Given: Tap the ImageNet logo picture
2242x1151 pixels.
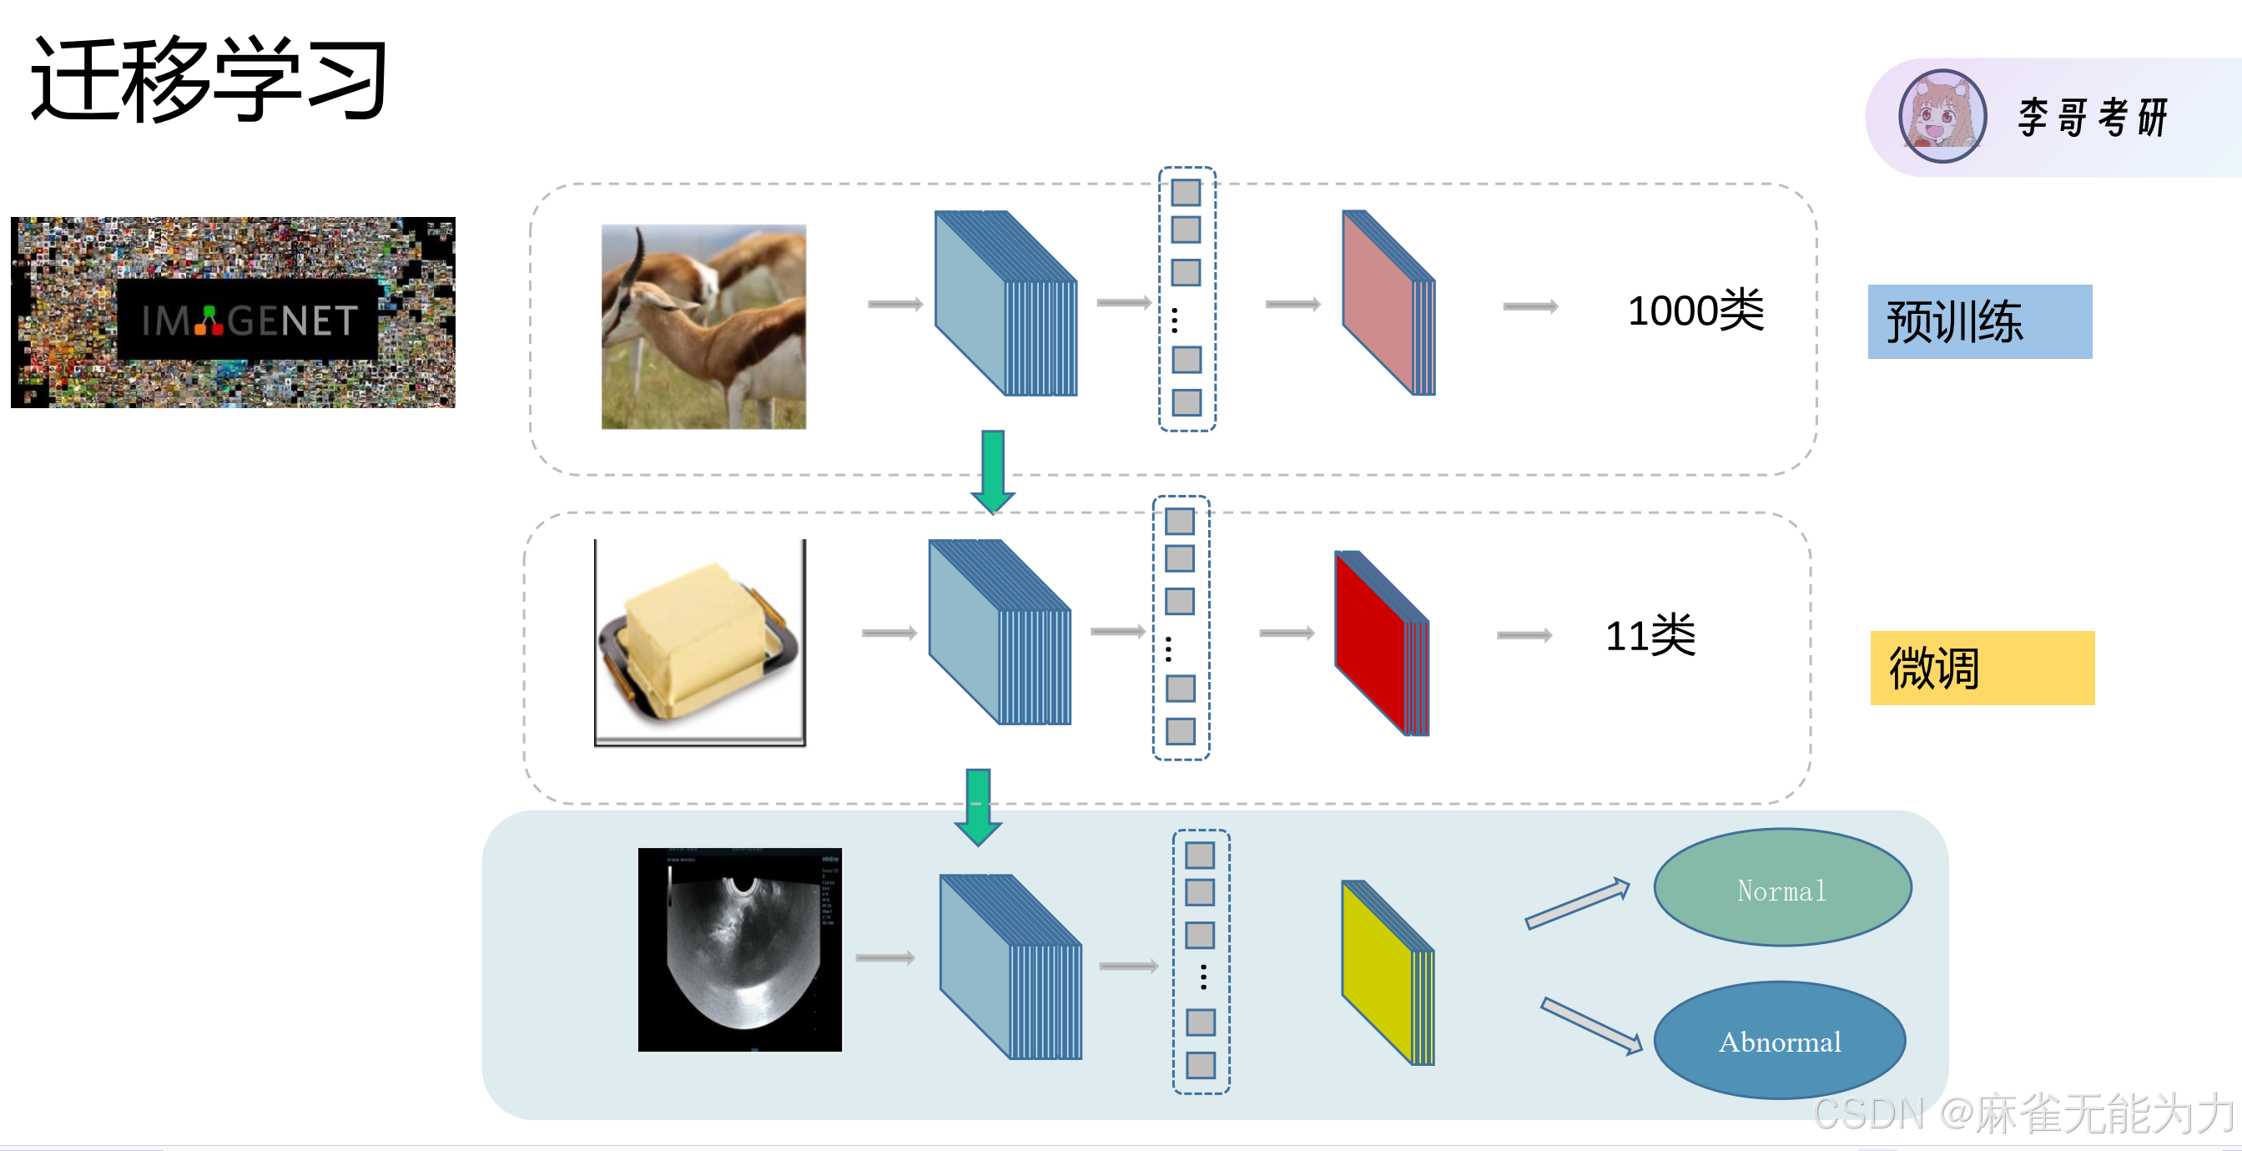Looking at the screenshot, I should click(x=233, y=312).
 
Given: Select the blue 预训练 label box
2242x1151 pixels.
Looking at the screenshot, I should click(x=1979, y=321).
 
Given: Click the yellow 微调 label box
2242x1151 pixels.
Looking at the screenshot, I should click(x=1982, y=668).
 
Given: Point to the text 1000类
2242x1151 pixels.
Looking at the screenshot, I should click(x=1695, y=310).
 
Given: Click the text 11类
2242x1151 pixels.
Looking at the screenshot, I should click(x=1650, y=635).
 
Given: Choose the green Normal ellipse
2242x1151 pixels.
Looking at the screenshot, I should click(x=1781, y=887).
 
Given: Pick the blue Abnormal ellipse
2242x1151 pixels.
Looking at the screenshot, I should click(x=1779, y=1041).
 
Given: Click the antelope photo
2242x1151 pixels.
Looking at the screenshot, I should click(x=703, y=326).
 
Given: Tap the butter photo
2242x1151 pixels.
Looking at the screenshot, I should click(x=700, y=643).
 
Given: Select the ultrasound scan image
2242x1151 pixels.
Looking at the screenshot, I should click(x=740, y=950).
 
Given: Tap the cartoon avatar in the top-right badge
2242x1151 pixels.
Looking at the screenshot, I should click(x=1942, y=116).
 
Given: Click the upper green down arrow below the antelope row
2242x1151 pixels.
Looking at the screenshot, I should click(x=993, y=471).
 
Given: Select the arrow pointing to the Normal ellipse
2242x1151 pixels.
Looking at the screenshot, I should click(x=1576, y=904).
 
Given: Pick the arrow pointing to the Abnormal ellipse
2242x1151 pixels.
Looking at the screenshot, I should click(x=1590, y=1026).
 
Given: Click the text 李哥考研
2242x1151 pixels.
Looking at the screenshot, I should click(x=2093, y=117).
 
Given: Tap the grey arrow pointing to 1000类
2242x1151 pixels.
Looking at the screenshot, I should click(x=1530, y=306).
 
